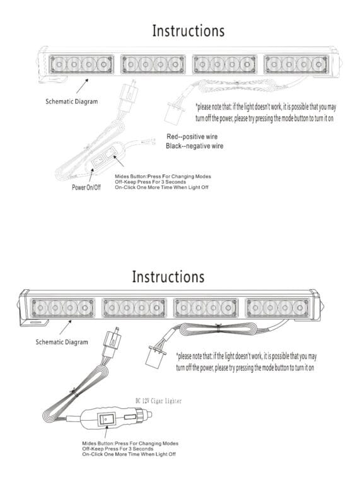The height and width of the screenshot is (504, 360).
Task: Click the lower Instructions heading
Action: tap(168, 276)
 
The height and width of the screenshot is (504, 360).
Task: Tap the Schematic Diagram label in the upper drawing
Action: tap(71, 101)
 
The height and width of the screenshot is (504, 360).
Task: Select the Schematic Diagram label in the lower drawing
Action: tap(61, 341)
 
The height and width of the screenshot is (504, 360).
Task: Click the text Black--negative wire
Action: tap(194, 146)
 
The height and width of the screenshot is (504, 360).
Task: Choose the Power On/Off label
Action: tap(86, 187)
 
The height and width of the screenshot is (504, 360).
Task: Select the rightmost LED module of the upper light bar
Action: tap(297, 64)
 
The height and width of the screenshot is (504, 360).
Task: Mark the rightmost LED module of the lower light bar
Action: tap(278, 307)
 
